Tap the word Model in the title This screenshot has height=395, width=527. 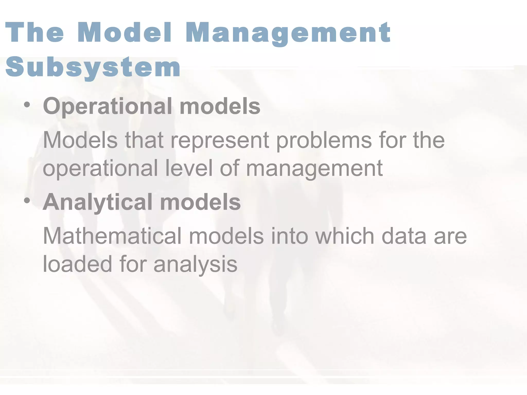click(x=125, y=33)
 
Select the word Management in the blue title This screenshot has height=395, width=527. click(x=288, y=33)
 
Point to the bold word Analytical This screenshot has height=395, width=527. click(x=98, y=202)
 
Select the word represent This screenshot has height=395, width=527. click(x=220, y=141)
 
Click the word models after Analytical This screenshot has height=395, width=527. click(x=200, y=202)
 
